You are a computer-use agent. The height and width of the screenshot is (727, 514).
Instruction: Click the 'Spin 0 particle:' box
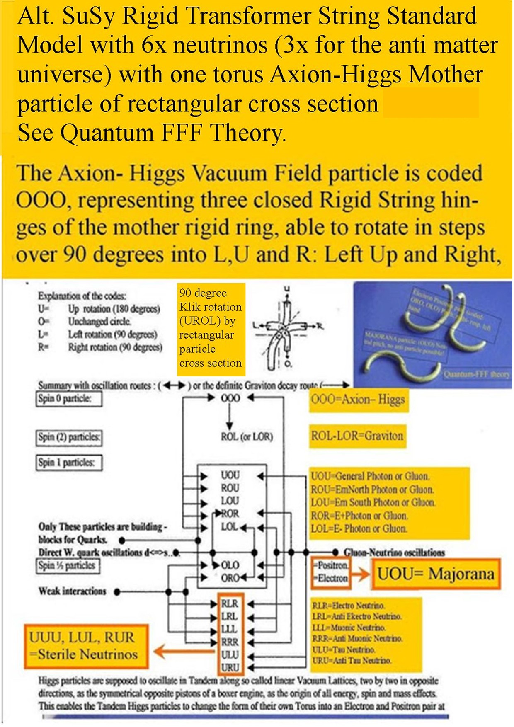[68, 399]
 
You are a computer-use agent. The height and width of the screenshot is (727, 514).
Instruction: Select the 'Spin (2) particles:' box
[69, 437]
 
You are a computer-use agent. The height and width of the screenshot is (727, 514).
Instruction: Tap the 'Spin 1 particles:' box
[69, 463]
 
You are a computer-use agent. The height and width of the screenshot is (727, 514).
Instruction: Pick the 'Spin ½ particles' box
[68, 566]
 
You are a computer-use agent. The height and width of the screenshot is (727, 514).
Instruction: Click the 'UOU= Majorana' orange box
[436, 574]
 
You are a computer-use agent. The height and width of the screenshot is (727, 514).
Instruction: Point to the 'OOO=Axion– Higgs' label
[358, 400]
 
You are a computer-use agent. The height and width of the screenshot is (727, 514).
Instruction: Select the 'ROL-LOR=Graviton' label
[357, 436]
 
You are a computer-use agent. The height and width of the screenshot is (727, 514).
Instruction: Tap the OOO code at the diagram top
[230, 398]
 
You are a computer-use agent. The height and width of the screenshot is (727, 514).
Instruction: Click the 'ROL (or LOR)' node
[247, 436]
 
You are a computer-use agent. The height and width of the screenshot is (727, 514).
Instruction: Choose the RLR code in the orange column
[230, 603]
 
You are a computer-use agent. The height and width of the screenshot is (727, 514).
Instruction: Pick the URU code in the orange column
[230, 667]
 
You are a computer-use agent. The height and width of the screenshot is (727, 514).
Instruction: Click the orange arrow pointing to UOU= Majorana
[360, 574]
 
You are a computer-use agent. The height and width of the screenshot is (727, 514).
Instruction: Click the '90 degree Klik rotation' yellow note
[210, 328]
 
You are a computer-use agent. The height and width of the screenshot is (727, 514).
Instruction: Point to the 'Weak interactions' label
[73, 591]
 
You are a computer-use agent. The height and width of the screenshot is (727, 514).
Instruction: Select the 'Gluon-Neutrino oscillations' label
[394, 553]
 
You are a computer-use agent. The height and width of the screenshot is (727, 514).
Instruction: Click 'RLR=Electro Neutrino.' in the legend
[349, 606]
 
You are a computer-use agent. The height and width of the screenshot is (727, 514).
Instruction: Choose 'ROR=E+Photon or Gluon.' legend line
[359, 516]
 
